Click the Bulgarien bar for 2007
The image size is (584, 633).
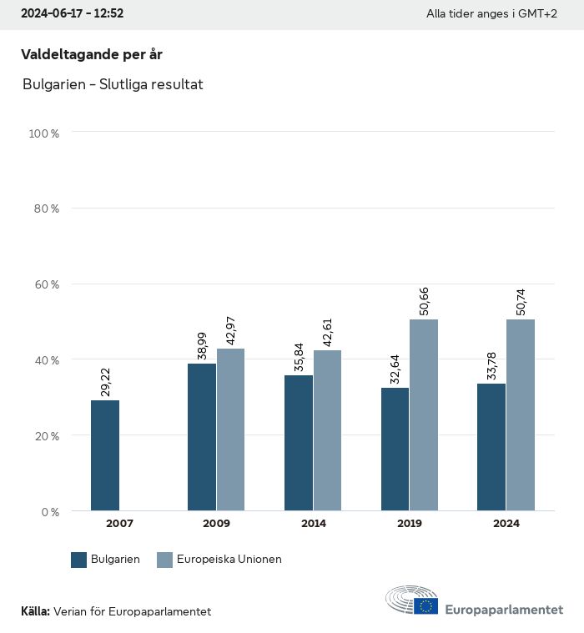pyautogui.click(x=105, y=455)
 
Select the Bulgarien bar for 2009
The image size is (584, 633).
pyautogui.click(x=202, y=437)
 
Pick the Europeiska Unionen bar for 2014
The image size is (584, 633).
pyautogui.click(x=327, y=430)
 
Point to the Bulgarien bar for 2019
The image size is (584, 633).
pyautogui.click(x=395, y=449)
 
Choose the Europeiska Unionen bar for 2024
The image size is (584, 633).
pyautogui.click(x=521, y=414)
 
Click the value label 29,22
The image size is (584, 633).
pyautogui.click(x=105, y=381)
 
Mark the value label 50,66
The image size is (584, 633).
pyautogui.click(x=424, y=302)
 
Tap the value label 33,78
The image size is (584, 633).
pyautogui.click(x=491, y=364)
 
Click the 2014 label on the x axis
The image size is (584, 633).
pyautogui.click(x=313, y=524)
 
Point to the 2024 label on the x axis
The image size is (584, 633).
pyautogui.click(x=506, y=524)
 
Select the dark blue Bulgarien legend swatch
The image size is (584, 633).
pyautogui.click(x=79, y=560)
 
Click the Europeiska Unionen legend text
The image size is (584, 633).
pyautogui.click(x=229, y=560)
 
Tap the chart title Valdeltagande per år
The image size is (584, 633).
pyautogui.click(x=91, y=55)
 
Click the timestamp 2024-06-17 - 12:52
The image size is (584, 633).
pyautogui.click(x=72, y=14)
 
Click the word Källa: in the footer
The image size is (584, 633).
pyautogui.click(x=35, y=612)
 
